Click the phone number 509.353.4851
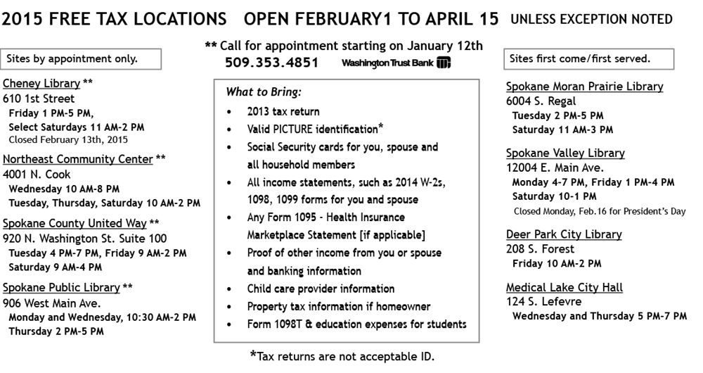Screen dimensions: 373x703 coord(271,63)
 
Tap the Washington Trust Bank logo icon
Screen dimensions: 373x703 coord(444,63)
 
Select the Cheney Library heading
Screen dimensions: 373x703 coord(41,83)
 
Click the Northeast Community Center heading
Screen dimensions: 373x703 coord(77,159)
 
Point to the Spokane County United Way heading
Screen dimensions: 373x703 coord(75,223)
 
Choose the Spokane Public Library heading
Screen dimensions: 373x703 coord(61,287)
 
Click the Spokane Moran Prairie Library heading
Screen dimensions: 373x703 coord(585,87)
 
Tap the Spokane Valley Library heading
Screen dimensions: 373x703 coord(565,153)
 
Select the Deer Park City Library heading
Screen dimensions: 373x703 coord(564,234)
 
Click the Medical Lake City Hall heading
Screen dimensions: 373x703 coord(565,287)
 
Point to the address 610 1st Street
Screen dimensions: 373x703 coord(39,99)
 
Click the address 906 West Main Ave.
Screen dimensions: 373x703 coord(52,303)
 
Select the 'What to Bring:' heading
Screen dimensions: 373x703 coord(254,92)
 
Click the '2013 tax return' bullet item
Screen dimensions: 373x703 coord(283,111)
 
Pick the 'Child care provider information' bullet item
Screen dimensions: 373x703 coord(321,289)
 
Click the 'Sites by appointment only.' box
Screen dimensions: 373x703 coord(82,59)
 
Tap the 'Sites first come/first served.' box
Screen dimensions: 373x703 coord(588,59)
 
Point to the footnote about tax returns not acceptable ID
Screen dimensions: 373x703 coord(342,356)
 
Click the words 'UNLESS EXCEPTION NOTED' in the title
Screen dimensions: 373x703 coord(591,20)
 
